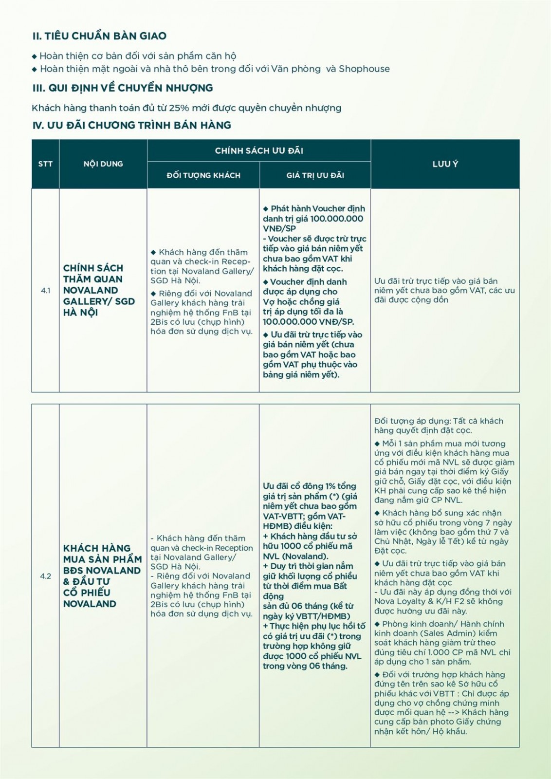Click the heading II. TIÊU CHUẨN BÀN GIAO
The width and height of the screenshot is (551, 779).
[99, 36]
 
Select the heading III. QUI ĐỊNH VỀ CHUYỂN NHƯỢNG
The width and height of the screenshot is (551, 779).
[123, 88]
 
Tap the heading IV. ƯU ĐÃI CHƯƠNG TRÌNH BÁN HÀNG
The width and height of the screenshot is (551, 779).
[131, 125]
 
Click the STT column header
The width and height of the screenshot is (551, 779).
[45, 164]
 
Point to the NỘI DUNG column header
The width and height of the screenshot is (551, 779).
[103, 164]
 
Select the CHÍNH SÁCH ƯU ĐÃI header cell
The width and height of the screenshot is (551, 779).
[259, 151]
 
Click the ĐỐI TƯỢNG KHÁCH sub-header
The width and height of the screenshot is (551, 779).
[203, 175]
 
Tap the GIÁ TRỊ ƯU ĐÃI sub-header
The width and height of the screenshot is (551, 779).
[315, 175]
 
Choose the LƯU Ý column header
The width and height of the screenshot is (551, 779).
[445, 164]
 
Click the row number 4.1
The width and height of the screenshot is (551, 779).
[45, 291]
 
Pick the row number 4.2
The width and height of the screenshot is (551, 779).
[45, 576]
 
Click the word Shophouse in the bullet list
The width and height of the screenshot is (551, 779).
[364, 69]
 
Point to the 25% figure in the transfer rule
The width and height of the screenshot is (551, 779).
[179, 108]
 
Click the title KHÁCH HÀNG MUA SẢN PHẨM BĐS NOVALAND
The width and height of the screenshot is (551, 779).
[102, 565]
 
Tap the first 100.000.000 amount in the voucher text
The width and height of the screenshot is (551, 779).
[336, 219]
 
